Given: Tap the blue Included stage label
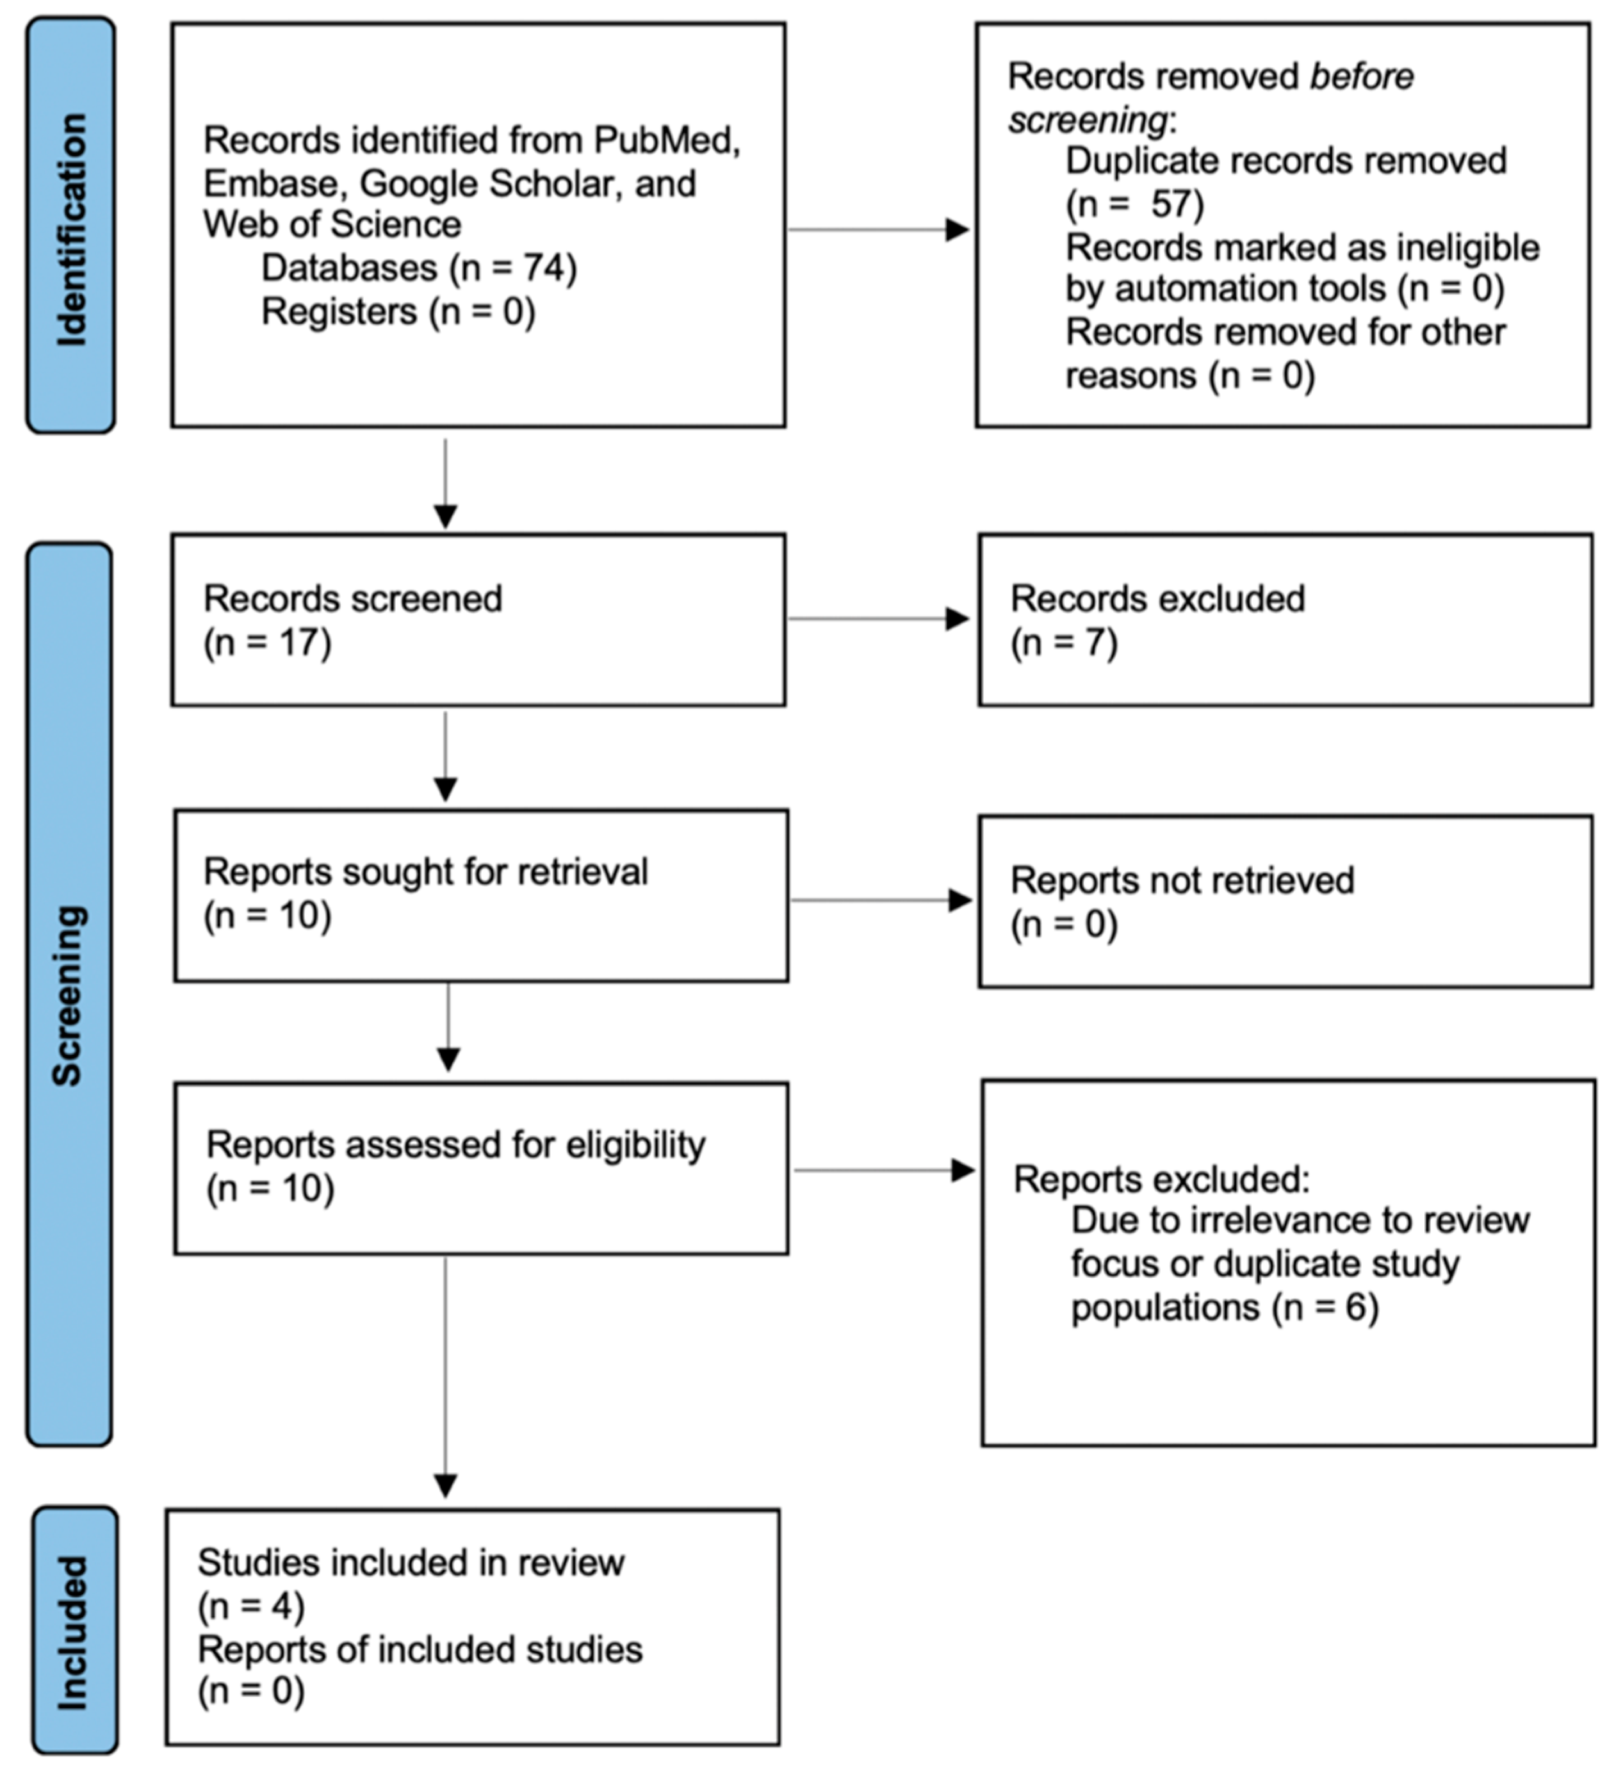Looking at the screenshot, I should coord(74,1632).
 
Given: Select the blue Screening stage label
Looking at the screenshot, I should coord(69,994).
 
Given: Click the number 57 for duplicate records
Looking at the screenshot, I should coord(1170,204).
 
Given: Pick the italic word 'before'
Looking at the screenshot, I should coord(1361,78).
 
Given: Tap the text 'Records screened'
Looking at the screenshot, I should coord(352,599).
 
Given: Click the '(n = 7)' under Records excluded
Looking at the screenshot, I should coord(1064,643).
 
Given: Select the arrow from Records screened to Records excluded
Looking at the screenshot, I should coord(878,620).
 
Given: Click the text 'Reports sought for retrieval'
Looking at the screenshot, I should coord(425,872).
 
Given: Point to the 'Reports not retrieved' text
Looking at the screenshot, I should coord(1181,881).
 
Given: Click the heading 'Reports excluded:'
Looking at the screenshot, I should coord(1160,1180).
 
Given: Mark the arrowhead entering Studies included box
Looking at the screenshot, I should coord(445,1485).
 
